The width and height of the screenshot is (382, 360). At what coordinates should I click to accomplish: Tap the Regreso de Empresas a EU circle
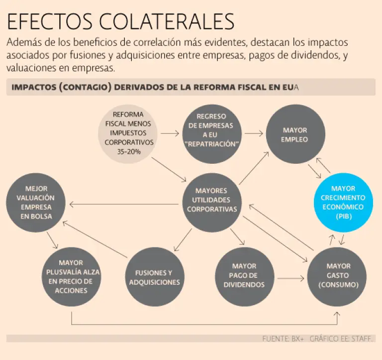click(211, 130)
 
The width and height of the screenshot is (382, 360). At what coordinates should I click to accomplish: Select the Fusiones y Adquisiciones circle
click(154, 277)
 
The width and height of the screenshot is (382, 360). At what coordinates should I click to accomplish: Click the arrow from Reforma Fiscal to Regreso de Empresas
click(170, 133)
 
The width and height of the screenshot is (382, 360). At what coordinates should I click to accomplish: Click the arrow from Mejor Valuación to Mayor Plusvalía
click(54, 241)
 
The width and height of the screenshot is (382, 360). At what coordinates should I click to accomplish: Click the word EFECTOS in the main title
click(46, 22)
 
